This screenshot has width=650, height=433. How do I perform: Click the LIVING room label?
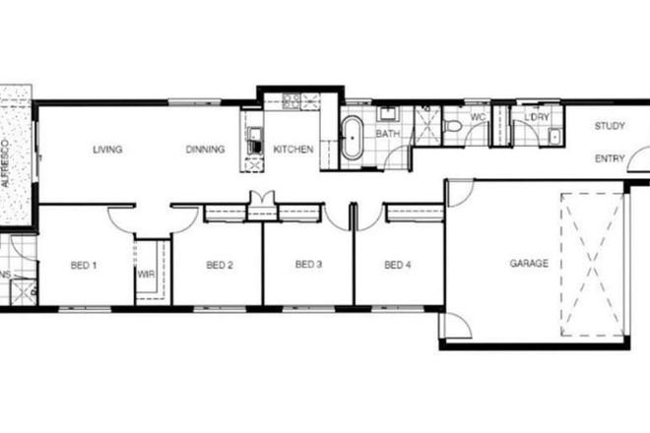(x=107, y=150)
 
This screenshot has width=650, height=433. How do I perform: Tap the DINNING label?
(x=206, y=150)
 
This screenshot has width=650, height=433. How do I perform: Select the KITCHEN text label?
(x=293, y=150)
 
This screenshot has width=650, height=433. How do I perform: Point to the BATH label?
(x=387, y=133)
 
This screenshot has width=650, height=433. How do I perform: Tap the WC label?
(x=478, y=117)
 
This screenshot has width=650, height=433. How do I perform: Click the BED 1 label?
(x=84, y=265)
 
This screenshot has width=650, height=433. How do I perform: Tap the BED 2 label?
(x=219, y=265)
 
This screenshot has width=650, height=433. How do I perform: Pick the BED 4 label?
(x=397, y=265)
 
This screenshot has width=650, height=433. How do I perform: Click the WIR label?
(x=147, y=276)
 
